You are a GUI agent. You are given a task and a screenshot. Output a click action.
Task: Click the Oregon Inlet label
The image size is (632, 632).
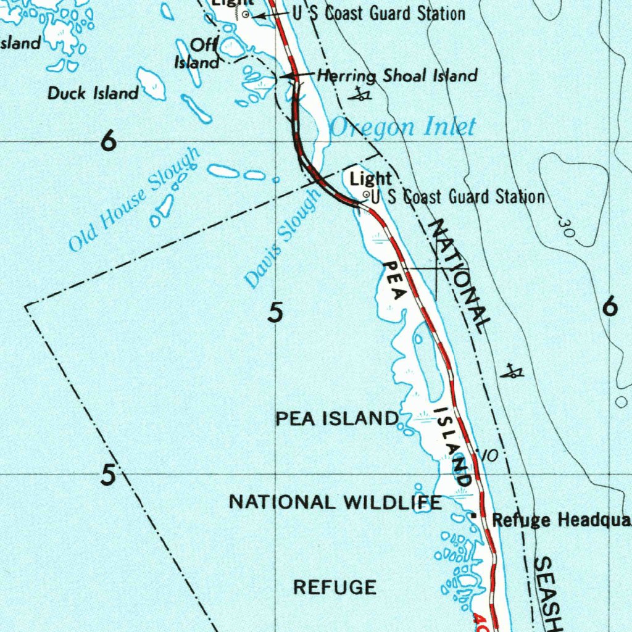coord(402,127)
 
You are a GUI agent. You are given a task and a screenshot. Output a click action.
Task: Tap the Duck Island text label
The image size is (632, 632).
coord(93,93)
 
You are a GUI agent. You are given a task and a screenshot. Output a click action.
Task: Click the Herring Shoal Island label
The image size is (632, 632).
coord(397,76)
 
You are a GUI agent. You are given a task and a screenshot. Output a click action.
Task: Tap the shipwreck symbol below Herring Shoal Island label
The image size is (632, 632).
coord(360,94)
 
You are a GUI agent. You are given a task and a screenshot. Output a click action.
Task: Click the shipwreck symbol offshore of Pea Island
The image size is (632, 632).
coord(512,372)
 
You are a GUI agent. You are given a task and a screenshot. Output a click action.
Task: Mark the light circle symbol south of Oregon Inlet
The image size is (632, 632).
coord(367,195)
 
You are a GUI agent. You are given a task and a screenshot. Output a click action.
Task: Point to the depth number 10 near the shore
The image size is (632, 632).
coord(488,456)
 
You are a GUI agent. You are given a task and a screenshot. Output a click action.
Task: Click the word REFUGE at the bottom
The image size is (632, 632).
coord(335,587)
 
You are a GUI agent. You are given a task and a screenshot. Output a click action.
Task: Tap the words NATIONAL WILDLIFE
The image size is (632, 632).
coord(335,502)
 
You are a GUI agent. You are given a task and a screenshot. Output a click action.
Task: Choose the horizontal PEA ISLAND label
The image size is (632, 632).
coord(336,418)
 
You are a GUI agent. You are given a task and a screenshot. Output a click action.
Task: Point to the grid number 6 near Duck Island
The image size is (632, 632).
coord(109,143)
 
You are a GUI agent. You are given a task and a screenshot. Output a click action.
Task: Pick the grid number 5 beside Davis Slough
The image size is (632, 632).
coord(275,313)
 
